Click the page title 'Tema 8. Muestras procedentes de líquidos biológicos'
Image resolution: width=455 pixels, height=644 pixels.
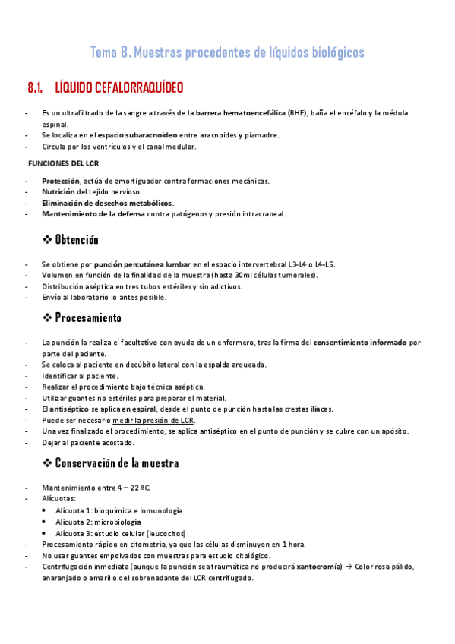coord(227,52)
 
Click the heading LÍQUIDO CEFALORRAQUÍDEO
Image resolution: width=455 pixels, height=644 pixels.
coord(118,88)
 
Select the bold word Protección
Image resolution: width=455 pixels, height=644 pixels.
coord(60,181)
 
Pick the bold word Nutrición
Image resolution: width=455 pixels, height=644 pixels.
coord(59,192)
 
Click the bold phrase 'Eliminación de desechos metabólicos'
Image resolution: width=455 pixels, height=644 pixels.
coord(107,203)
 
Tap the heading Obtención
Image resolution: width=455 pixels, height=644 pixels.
coord(77,240)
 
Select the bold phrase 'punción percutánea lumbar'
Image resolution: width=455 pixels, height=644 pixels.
coord(142,264)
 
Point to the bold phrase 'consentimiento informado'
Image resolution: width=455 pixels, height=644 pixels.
coord(360,343)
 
